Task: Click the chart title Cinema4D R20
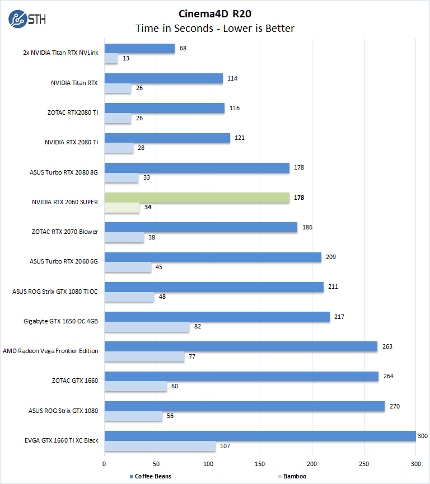tap(214, 13)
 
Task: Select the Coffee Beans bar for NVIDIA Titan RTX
tap(163, 78)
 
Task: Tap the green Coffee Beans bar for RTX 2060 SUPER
tap(197, 198)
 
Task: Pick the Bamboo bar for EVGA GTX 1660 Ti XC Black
tap(160, 446)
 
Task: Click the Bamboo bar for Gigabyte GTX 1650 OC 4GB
tap(147, 327)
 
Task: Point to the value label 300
tap(423, 436)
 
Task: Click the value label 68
tap(183, 48)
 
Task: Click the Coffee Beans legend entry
tap(151, 476)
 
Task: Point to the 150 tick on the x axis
tap(260, 464)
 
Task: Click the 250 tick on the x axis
tap(364, 464)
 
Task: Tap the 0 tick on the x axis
tap(104, 464)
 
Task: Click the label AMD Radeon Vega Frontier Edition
tap(50, 351)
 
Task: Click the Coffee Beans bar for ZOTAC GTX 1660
tap(241, 376)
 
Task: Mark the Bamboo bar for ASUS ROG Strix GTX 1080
tap(133, 416)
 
